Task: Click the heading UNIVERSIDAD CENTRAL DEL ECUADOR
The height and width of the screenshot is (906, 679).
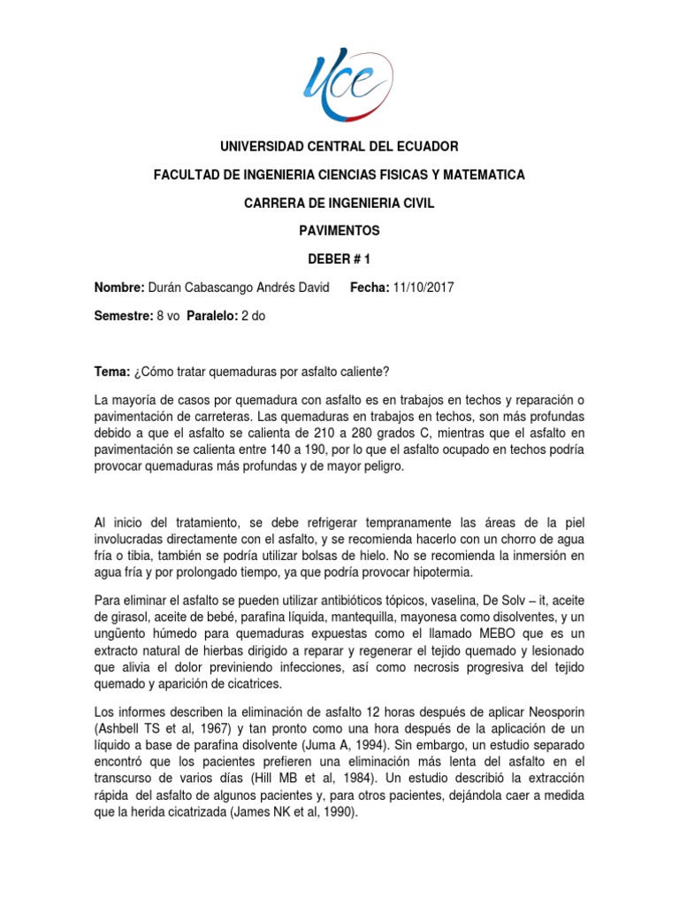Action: pos(339,146)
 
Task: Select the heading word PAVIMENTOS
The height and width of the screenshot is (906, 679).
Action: pos(339,231)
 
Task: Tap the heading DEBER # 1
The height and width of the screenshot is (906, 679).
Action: pos(339,259)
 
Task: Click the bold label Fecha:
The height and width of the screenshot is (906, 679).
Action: pos(370,288)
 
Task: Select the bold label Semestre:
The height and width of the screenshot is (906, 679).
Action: pos(123,317)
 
